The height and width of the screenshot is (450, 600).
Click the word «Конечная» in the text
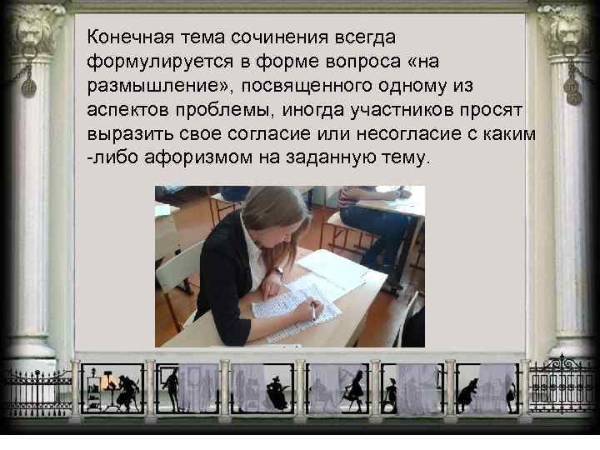pyautogui.click(x=127, y=37)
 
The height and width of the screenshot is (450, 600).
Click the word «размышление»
pyautogui.click(x=147, y=87)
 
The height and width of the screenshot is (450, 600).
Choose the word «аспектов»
pyautogui.click(x=125, y=111)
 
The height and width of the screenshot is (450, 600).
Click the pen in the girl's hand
pyautogui.click(x=312, y=311)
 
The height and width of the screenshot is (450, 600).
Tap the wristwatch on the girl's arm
pyautogui.click(x=277, y=272)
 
